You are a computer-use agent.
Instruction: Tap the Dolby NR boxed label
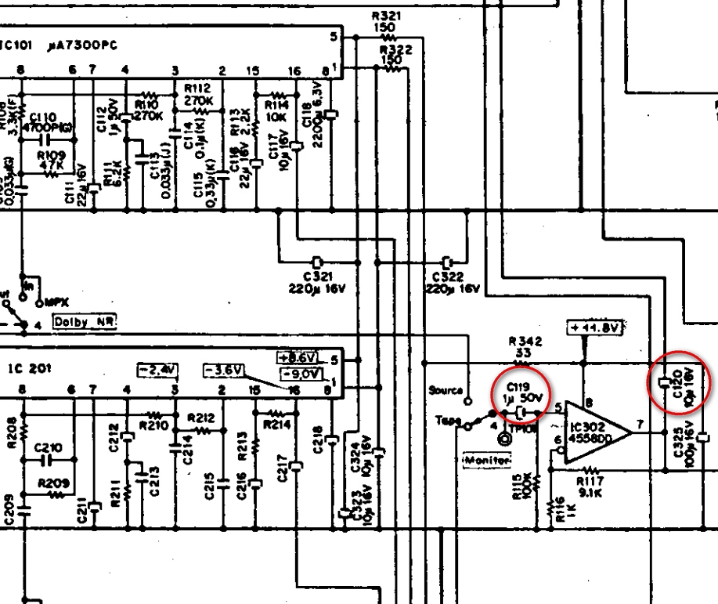[x=84, y=321]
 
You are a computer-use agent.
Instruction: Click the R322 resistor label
[x=395, y=49]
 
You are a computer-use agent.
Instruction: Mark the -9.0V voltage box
[x=301, y=373]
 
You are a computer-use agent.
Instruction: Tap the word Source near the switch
[x=446, y=389]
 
